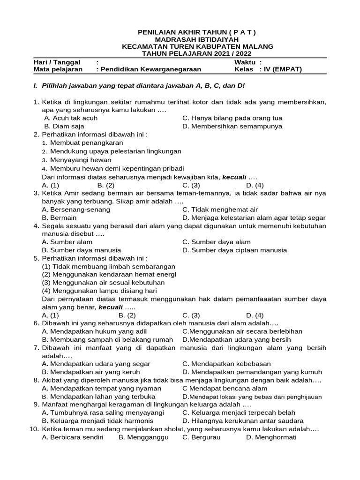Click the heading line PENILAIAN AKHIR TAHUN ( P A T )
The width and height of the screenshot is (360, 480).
(x=197, y=32)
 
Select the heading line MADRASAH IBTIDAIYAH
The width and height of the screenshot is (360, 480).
(x=197, y=39)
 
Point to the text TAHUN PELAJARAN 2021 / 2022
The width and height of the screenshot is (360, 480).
(x=197, y=54)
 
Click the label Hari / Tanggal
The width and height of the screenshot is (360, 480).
(x=57, y=62)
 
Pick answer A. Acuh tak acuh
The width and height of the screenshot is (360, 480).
(x=71, y=119)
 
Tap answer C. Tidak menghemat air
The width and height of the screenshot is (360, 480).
(x=220, y=210)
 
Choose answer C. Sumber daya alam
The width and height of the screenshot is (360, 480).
(x=216, y=242)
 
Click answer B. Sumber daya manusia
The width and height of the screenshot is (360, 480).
(x=82, y=250)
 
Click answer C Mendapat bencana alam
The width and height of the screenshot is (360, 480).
(x=225, y=388)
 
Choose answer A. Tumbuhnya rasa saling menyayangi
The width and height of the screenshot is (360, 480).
(x=103, y=412)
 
